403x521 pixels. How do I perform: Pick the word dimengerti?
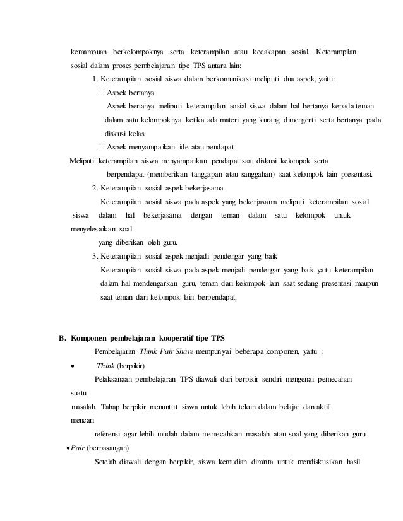coord(306,120)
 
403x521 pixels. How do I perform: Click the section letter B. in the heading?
coord(63,337)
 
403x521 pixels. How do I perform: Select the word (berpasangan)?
coord(107,448)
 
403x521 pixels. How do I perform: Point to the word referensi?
coord(109,434)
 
